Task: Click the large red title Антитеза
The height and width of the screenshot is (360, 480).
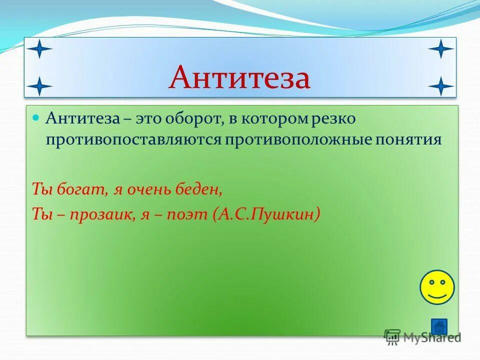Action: coord(239,77)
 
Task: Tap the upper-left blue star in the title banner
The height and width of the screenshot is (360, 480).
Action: coord(39,49)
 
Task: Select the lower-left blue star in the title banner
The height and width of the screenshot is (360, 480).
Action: coord(39,86)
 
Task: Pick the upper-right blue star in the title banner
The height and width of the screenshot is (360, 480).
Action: coord(440,49)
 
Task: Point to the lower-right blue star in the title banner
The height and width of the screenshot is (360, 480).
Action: coord(440,86)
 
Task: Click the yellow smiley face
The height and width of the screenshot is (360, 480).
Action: coord(437,287)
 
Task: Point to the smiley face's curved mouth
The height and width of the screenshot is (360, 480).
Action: coord(437,296)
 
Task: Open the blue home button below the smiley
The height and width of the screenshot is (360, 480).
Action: coord(439,326)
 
